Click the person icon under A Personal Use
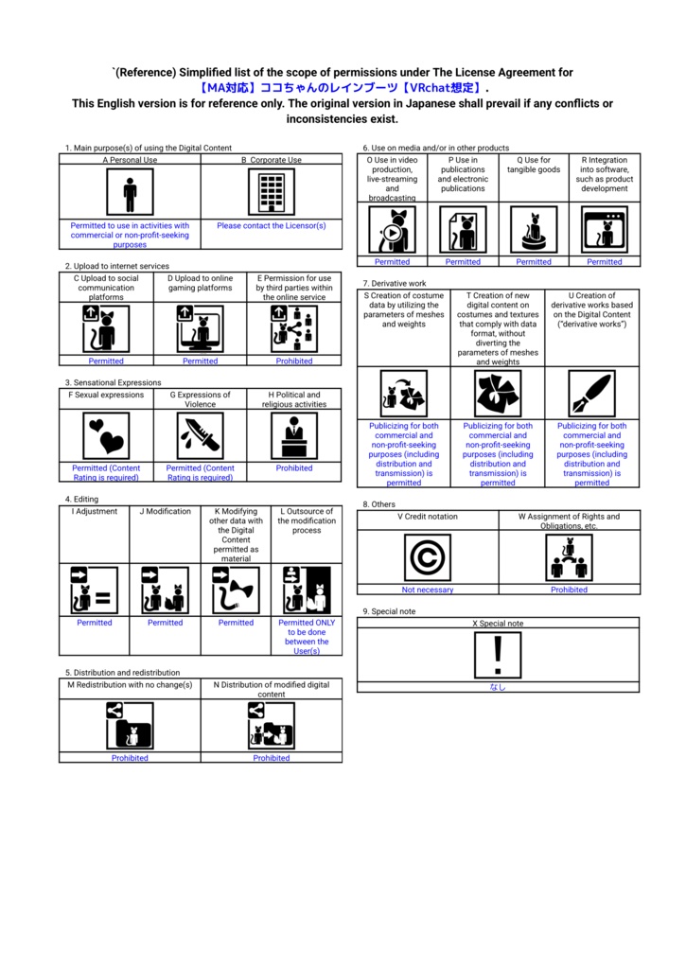click(130, 193)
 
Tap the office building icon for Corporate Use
click(271, 193)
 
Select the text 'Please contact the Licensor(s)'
click(271, 226)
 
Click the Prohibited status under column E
click(294, 361)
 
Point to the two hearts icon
click(106, 435)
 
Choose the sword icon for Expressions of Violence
click(201, 435)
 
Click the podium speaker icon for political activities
click(294, 435)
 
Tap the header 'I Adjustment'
click(95, 511)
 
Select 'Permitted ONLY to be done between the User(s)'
click(307, 637)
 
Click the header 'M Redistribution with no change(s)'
click(130, 684)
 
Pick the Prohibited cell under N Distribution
click(272, 758)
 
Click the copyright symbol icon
click(427, 557)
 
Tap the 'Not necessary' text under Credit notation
click(428, 590)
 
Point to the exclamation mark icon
click(498, 655)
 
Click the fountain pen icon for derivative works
click(591, 394)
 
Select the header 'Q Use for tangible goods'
click(534, 166)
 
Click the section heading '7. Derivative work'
click(395, 283)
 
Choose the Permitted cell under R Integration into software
click(605, 262)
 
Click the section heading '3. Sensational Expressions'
click(113, 382)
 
